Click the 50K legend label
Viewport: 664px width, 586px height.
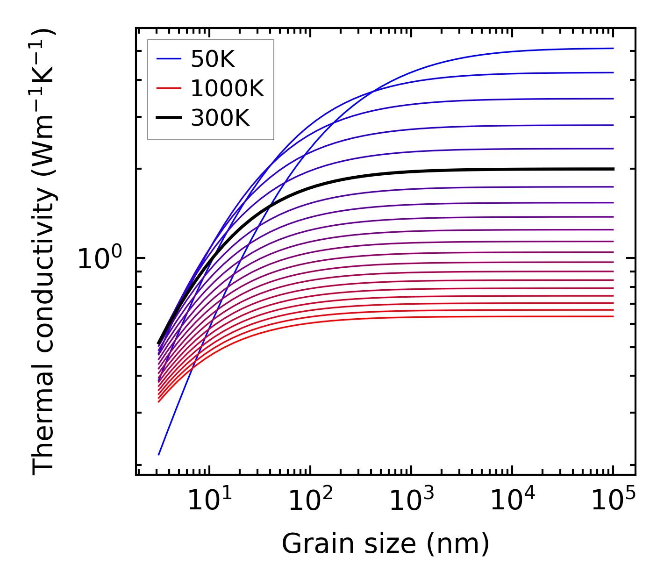point(213,59)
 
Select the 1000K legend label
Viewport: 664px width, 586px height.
point(227,88)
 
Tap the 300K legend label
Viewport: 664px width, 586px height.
point(220,118)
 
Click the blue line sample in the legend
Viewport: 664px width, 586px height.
point(168,59)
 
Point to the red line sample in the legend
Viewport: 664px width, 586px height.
point(168,88)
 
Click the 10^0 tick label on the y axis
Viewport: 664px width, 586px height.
point(100,258)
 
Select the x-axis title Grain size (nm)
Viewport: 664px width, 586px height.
point(386,544)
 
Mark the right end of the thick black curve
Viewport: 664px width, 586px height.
point(613,169)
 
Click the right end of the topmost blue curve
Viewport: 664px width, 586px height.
point(613,48)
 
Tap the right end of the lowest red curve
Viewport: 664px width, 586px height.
point(613,316)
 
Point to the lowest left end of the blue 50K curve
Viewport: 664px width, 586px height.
point(159,454)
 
